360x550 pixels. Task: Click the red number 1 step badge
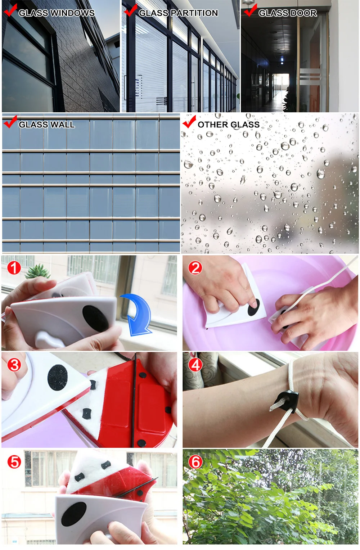[x=14, y=268]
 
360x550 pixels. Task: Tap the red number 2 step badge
[x=195, y=268]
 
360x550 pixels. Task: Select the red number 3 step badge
[x=14, y=365]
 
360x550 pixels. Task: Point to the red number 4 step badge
[x=195, y=365]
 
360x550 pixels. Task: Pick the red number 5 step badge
[x=14, y=462]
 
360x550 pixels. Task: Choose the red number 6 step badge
[x=195, y=462]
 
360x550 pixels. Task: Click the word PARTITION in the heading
[x=194, y=13]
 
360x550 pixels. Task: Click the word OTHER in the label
[x=211, y=125]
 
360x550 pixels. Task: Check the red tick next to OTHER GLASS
[x=189, y=122]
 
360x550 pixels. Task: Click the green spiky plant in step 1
[x=39, y=271]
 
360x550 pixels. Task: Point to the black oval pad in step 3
[x=58, y=378]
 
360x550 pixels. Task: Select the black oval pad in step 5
[x=74, y=514]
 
